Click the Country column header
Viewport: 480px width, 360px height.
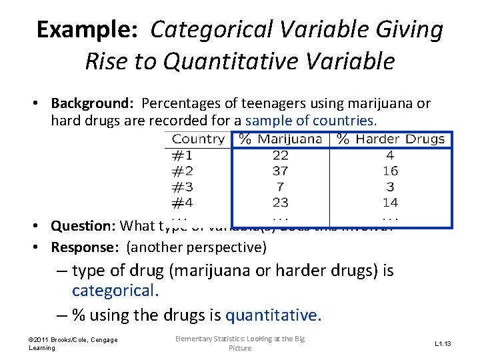click(x=198, y=139)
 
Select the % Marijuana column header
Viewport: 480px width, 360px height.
click(x=281, y=139)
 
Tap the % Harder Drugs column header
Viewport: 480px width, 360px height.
click(x=391, y=139)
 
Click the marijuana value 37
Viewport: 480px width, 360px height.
click(x=280, y=171)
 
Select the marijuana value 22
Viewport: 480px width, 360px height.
click(x=280, y=155)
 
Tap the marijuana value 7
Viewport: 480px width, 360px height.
click(x=280, y=187)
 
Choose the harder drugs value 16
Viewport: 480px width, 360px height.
click(x=391, y=171)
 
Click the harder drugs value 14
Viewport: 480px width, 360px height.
click(x=391, y=202)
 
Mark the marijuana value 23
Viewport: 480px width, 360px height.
click(x=280, y=202)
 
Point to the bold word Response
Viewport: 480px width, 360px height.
click(x=86, y=247)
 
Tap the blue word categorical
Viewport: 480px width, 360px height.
click(x=114, y=291)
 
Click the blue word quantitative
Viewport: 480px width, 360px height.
click(x=273, y=315)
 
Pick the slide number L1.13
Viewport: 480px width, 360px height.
click(x=443, y=344)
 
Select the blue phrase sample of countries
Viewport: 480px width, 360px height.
click(x=311, y=121)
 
